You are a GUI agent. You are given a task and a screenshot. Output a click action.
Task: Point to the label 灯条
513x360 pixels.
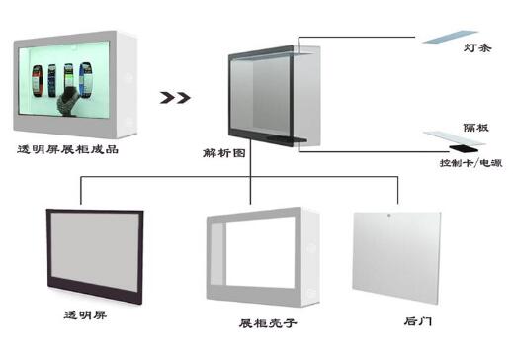pos(477,47)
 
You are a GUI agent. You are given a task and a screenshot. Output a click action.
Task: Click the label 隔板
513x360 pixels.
pos(477,128)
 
